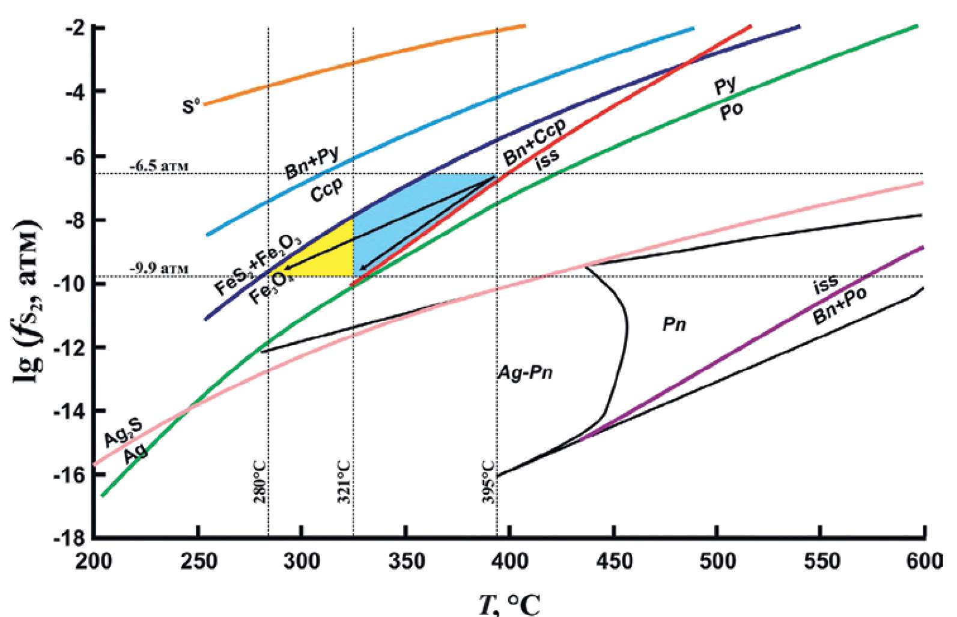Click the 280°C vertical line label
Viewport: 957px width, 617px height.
[x=260, y=482]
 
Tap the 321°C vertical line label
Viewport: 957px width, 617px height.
[x=344, y=482]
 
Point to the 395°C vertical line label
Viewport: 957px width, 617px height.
[x=488, y=482]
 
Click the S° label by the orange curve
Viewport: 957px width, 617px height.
[x=191, y=107]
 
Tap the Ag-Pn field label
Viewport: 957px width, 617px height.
[x=525, y=373]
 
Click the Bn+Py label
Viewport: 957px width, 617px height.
[x=312, y=162]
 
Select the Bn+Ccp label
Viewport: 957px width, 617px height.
[x=534, y=142]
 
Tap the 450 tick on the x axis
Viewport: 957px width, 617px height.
[x=614, y=561]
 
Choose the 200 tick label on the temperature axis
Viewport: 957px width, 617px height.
[x=94, y=561]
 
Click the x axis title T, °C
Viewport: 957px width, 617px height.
[x=509, y=604]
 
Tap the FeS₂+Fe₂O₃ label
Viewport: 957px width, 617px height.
[x=258, y=264]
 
